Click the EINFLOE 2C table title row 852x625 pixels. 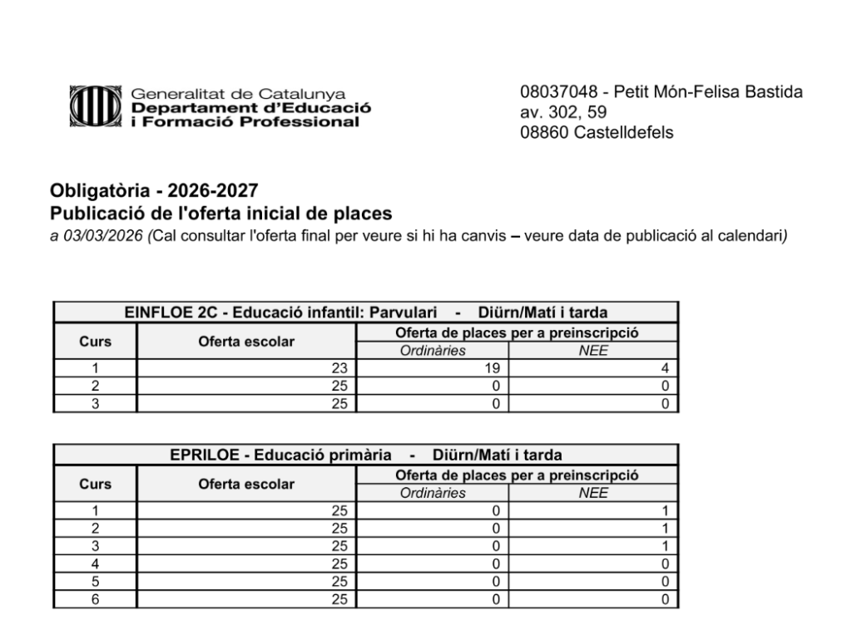366,312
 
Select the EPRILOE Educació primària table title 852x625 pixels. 366,455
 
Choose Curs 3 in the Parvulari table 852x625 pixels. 95,403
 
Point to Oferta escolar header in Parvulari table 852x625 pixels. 246,342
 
